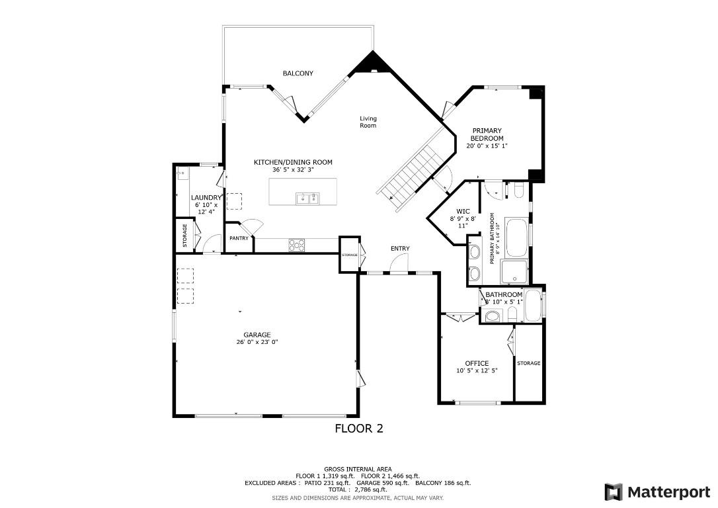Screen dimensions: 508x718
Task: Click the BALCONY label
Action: coord(298,73)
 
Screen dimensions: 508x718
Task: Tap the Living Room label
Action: coord(368,122)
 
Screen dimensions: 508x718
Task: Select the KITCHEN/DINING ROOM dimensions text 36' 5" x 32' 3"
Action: coord(293,170)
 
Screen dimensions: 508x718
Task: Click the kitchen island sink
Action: coord(307,197)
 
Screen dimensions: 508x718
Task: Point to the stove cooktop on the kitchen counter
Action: coord(298,245)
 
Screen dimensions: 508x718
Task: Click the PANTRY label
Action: coord(239,238)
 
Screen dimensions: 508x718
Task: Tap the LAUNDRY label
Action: coord(206,198)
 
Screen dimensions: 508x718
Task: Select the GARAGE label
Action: coord(257,335)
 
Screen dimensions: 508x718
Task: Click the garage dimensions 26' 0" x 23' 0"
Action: coord(257,343)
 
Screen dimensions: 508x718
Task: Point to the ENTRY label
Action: coord(399,249)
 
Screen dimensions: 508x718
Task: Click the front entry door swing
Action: coord(398,265)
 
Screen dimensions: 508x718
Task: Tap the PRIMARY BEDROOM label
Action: coord(487,134)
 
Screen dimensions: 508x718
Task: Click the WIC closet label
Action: coord(463,212)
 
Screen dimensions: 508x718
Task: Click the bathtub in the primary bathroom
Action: coord(517,238)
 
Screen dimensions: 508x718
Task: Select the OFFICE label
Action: coord(477,363)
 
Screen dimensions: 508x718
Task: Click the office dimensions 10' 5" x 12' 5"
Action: coord(477,371)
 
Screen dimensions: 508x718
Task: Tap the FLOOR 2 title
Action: coord(359,428)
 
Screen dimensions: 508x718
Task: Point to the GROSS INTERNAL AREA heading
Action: coord(358,469)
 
